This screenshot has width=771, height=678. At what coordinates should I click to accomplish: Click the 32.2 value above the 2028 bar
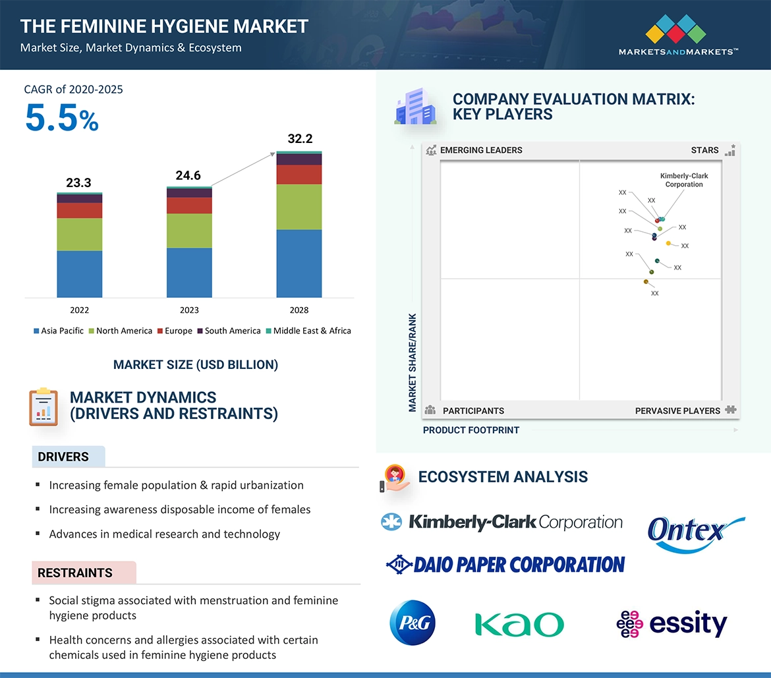[x=300, y=138]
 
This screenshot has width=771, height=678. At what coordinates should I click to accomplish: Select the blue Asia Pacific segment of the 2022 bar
[x=80, y=274]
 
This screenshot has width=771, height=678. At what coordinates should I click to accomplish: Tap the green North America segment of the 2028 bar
[x=299, y=207]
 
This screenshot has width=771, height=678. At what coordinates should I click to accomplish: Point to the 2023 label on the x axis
[x=189, y=310]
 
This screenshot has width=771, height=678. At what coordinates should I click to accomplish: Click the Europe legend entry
[x=175, y=331]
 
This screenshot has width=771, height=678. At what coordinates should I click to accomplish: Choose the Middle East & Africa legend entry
[x=308, y=331]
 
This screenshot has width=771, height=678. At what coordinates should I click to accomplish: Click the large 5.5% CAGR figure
[x=62, y=118]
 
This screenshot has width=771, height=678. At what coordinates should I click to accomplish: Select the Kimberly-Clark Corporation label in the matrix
[x=684, y=180]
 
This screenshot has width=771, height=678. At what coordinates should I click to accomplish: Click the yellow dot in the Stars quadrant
[x=668, y=243]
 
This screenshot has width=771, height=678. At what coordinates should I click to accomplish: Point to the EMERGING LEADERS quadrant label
[x=481, y=150]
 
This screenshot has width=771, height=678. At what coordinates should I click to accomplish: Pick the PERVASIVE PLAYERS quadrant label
[x=677, y=410]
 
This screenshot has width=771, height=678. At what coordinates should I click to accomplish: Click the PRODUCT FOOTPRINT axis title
[x=471, y=430]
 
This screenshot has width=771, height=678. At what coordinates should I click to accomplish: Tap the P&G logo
[x=413, y=623]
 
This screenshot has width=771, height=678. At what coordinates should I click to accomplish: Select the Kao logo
[x=519, y=625]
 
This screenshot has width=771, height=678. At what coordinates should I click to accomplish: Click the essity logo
[x=671, y=624]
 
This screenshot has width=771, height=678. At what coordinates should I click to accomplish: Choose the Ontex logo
[x=696, y=534]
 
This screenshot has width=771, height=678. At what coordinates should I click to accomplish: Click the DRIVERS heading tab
[x=69, y=457]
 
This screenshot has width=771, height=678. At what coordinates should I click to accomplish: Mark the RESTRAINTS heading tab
[x=84, y=573]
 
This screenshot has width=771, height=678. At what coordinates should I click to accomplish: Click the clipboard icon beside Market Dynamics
[x=43, y=407]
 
